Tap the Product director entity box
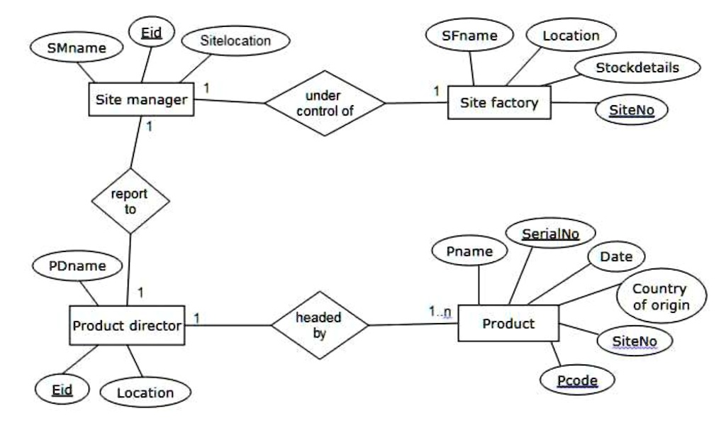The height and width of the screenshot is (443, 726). pos(126,326)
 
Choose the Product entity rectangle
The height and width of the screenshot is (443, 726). pos(507,324)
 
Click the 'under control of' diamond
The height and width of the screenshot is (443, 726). pos(325,104)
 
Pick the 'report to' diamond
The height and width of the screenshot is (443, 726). pos(130,202)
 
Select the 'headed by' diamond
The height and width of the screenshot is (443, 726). pos(319,326)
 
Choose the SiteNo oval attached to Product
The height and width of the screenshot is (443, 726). pos(634,341)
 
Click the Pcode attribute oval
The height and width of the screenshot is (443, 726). pos(576,380)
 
